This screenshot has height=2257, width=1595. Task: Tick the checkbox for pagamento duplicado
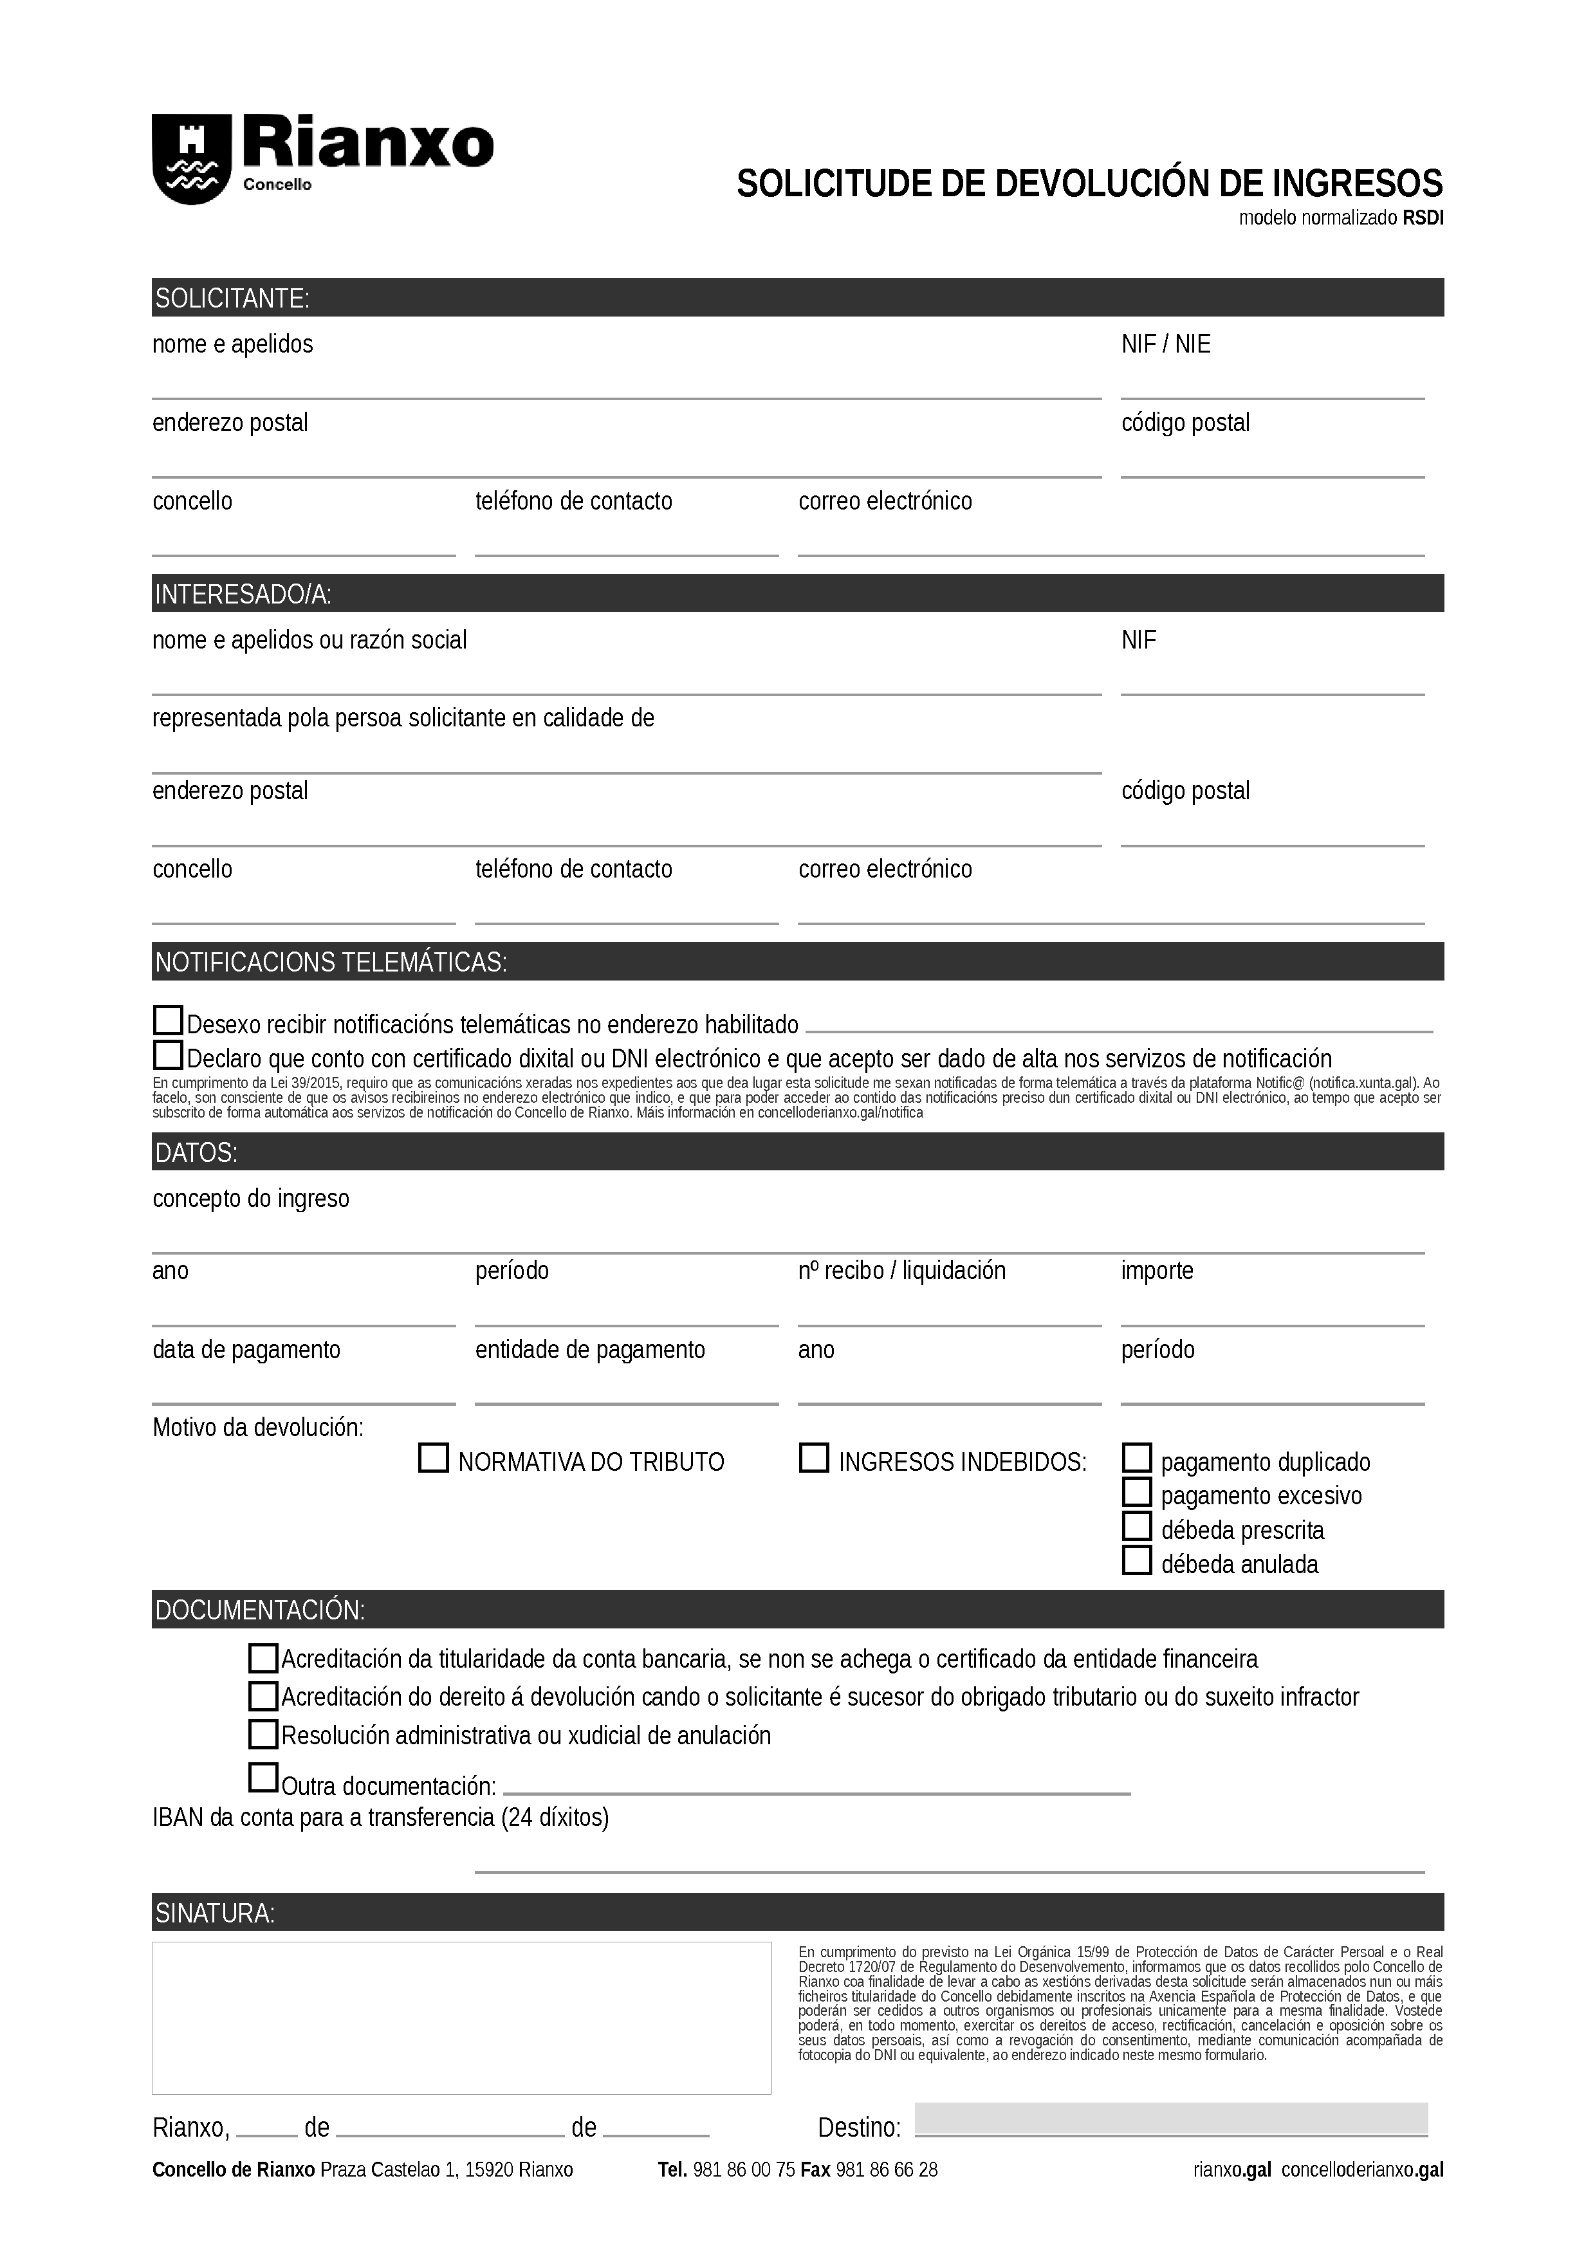(x=1136, y=1458)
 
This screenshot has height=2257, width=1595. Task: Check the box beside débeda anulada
(x=1136, y=1560)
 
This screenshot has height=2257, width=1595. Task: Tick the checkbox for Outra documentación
(x=263, y=1778)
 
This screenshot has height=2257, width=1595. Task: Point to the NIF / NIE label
(x=1166, y=345)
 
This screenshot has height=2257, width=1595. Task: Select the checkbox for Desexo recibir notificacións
(x=168, y=1020)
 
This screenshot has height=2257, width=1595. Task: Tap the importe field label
(x=1157, y=1271)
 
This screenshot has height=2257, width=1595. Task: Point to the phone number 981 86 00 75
(x=744, y=2169)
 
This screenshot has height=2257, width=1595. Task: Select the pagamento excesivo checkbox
(x=1136, y=1492)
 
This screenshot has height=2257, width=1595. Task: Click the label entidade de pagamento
(x=589, y=1350)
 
